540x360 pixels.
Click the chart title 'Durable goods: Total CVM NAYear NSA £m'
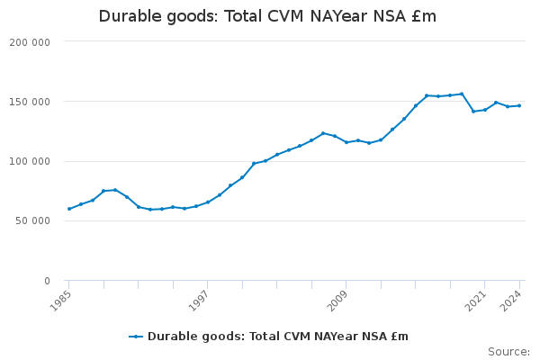pyautogui.click(x=267, y=16)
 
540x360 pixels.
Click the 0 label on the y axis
pyautogui.click(x=46, y=281)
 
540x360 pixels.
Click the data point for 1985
pyautogui.click(x=69, y=209)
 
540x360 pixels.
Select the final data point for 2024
pyautogui.click(x=519, y=105)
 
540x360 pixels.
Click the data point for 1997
pyautogui.click(x=208, y=202)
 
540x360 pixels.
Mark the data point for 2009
pyautogui.click(x=346, y=142)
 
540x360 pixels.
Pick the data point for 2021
pyautogui.click(x=485, y=110)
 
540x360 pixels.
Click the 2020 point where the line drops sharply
pyautogui.click(x=473, y=112)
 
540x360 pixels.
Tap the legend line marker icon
pyautogui.click(x=136, y=337)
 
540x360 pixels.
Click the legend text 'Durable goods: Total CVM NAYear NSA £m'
pyautogui.click(x=278, y=337)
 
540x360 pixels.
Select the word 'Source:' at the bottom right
pyautogui.click(x=509, y=351)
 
